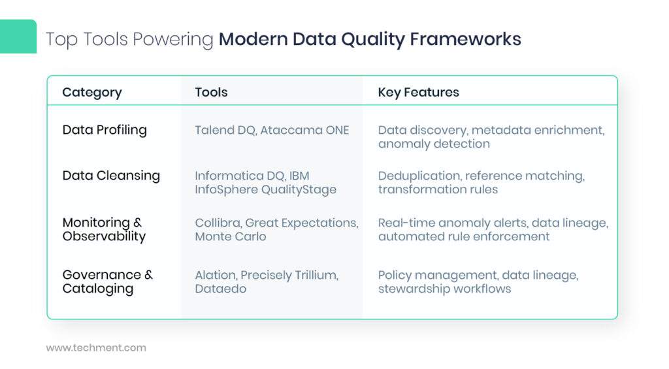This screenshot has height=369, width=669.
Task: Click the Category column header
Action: tap(92, 93)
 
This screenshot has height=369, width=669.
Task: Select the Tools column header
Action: tap(211, 92)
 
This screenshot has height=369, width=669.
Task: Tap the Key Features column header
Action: tap(419, 93)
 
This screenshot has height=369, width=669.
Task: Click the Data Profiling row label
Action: tap(105, 130)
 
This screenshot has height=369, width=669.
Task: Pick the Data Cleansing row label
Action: tap(111, 176)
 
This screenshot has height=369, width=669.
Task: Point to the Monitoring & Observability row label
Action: tap(104, 229)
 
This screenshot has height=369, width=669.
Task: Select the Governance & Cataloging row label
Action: tap(108, 281)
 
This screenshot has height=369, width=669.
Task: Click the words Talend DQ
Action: tap(225, 131)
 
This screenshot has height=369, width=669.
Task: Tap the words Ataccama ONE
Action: tap(304, 130)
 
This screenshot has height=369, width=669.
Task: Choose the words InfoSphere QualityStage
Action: tap(265, 190)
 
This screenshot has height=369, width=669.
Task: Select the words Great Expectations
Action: tap(302, 223)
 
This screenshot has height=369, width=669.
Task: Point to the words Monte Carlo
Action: tap(231, 236)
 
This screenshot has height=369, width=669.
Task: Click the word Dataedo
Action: tap(221, 289)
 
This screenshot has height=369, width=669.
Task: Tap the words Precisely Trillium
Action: tap(289, 276)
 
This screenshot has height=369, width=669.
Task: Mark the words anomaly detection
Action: tap(434, 144)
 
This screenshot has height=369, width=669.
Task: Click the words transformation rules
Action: tap(438, 189)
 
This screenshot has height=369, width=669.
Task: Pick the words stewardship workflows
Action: tap(444, 289)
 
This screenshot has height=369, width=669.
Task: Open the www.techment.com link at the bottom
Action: tap(96, 347)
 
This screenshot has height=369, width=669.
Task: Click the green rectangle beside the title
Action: tap(18, 37)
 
